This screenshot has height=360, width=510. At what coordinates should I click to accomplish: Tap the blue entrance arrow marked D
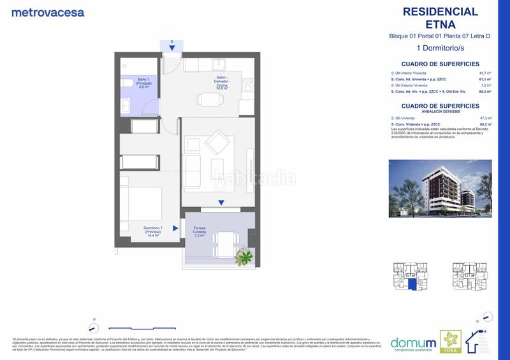click(x=172, y=47)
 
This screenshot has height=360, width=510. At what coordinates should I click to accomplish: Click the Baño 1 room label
click(x=143, y=83)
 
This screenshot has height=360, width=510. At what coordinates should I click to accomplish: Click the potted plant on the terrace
click(x=244, y=257)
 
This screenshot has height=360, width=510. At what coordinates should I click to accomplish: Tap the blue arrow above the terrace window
click(x=221, y=203)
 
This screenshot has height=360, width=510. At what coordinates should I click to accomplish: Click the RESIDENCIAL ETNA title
click(x=441, y=18)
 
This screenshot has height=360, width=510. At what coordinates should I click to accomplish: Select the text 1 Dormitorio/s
click(x=441, y=48)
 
